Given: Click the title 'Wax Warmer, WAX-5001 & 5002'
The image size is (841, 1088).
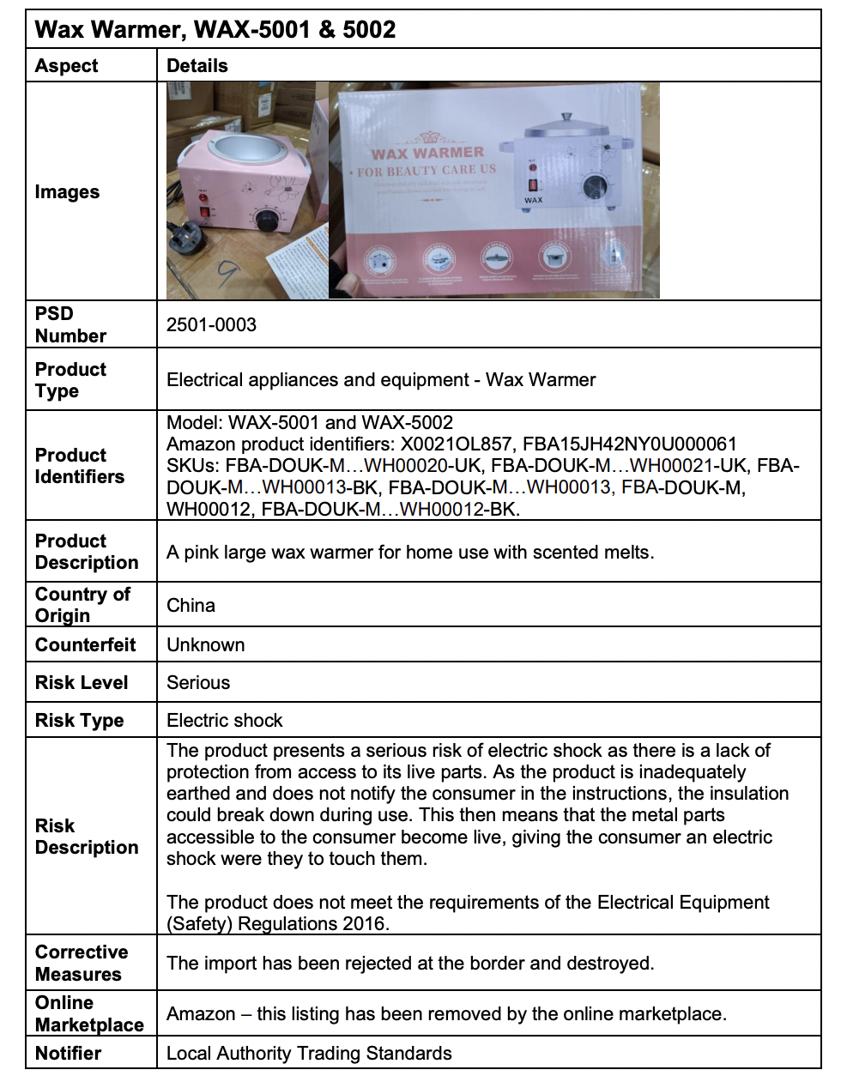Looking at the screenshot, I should click(215, 30).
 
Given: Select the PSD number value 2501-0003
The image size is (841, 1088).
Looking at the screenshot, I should click(211, 324).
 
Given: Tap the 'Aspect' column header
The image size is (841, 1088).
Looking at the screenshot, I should click(66, 66).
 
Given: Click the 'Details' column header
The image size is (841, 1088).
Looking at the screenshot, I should click(197, 66).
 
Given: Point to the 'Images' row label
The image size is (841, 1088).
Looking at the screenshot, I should click(67, 192).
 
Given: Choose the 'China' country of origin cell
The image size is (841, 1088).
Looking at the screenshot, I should click(191, 606).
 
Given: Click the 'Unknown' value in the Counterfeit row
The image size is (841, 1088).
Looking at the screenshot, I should click(205, 645).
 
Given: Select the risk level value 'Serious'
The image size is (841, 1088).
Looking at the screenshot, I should click(198, 683).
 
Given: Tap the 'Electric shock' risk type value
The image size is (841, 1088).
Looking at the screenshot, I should click(224, 721).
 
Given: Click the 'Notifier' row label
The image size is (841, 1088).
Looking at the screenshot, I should click(68, 1053).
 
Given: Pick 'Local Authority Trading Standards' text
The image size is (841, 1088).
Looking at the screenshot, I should click(309, 1053).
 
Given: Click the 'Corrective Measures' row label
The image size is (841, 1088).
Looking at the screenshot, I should click(81, 963).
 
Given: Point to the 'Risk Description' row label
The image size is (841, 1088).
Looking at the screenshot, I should click(86, 837).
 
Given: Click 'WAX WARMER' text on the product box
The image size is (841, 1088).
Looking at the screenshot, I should click(427, 153).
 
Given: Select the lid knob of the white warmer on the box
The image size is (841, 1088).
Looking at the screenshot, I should click(566, 118).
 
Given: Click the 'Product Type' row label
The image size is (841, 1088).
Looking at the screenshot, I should click(70, 380).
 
